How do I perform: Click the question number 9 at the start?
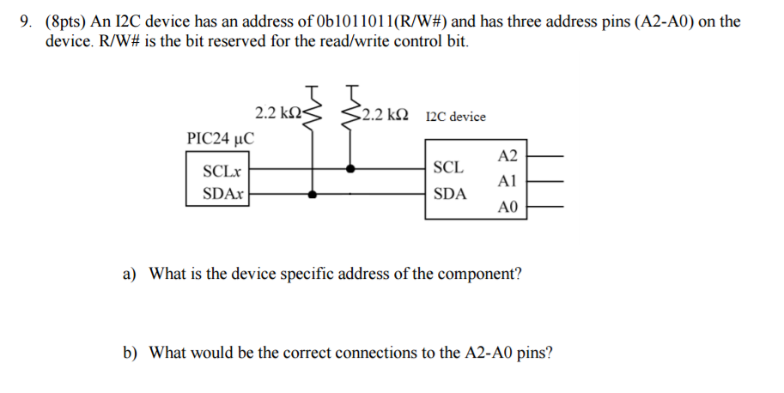[25, 21]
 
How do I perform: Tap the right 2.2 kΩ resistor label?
[384, 114]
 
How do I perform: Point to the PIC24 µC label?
[220, 138]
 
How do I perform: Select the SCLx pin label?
[221, 172]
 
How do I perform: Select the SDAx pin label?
[221, 194]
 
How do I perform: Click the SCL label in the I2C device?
[450, 166]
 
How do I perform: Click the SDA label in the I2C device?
[451, 194]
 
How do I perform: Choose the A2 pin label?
[507, 156]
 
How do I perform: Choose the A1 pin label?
[507, 182]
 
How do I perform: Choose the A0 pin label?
[507, 208]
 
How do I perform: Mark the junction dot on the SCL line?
[349, 169]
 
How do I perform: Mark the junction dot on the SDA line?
[313, 195]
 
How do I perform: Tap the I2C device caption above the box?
[455, 116]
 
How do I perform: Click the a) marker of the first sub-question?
[131, 275]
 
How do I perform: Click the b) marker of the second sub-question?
[131, 352]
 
